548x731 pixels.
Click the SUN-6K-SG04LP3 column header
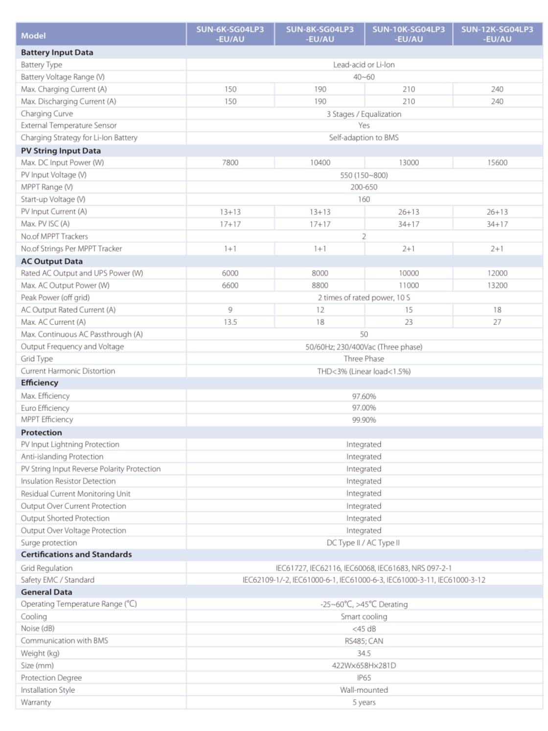[x=230, y=34]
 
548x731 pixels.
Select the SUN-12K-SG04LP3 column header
[x=497, y=34]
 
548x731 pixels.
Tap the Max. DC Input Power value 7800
[x=230, y=162]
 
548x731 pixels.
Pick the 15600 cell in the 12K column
[x=497, y=162]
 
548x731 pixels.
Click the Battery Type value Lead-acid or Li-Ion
[x=364, y=65]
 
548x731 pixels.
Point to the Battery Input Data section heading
[x=57, y=52]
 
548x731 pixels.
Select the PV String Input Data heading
[x=61, y=151]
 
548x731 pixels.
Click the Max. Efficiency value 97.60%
[x=364, y=396]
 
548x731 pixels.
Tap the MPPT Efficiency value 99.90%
[x=364, y=420]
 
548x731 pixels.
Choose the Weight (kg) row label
[x=40, y=653]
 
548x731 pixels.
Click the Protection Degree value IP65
[x=364, y=678]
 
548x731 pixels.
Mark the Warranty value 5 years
[x=364, y=702]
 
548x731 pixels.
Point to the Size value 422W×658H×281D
[x=364, y=665]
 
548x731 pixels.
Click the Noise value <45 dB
[x=364, y=629]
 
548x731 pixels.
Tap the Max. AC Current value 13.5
[x=230, y=322]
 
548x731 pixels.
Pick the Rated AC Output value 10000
[x=409, y=273]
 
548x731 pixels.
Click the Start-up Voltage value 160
[x=364, y=199]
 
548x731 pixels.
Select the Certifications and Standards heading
[x=76, y=554]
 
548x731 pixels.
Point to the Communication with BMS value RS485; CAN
[x=364, y=641]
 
